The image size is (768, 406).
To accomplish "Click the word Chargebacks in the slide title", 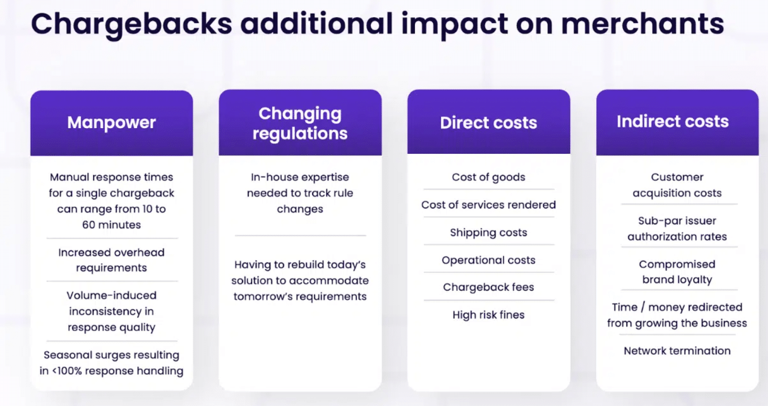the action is pos(131,25).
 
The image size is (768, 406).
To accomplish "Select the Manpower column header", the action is pos(112,122).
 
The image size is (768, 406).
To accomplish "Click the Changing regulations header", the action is pos(300,123).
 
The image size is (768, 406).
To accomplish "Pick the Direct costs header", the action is pos(489,122).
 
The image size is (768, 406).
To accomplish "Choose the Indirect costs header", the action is pos(673,121).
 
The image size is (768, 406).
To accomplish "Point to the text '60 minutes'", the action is pos(112,224).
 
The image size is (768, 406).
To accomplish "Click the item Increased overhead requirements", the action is pos(112,260).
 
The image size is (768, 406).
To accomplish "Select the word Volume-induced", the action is pos(112,295).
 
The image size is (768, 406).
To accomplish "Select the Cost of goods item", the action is pos(489,177).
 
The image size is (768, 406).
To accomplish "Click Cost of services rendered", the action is pos(489,205).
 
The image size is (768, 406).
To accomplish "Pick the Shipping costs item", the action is pos(489,232).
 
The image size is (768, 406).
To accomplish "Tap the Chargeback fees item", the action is pos(489,287).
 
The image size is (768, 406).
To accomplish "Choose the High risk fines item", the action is pos(489,314).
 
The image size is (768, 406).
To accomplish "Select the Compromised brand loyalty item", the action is pos(677,272).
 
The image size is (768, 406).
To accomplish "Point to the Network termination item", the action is pos(677,351).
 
